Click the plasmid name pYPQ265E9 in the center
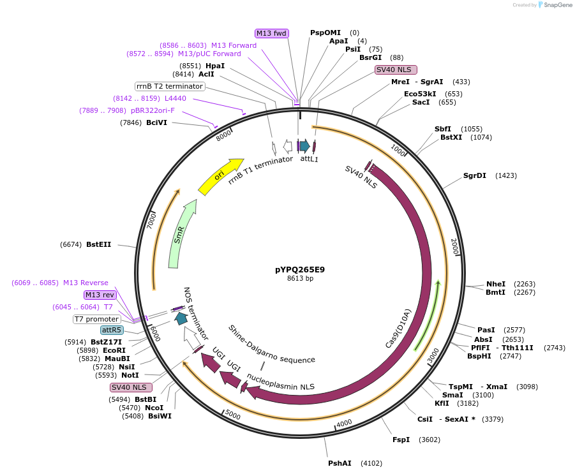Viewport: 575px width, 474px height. pos(300,269)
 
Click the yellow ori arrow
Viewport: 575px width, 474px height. pos(220,177)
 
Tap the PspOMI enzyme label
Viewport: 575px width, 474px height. pos(325,33)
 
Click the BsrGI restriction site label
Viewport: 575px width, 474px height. pos(370,57)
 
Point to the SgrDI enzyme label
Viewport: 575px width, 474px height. pos(475,175)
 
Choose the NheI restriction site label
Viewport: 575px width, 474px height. pos(496,284)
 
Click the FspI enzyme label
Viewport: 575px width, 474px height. pos(401,440)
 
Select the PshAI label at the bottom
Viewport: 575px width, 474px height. pos(340,463)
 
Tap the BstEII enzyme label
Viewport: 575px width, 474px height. pos(98,244)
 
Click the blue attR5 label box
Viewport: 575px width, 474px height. pos(112,330)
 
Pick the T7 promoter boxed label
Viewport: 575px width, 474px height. pos(97,319)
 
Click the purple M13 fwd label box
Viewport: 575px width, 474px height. pos(272,33)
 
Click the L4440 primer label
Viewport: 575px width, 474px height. pos(175,98)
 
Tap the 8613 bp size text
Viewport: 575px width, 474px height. pos(300,278)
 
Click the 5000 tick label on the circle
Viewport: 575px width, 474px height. pos(233,416)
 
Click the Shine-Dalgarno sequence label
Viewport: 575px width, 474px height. pos(271,344)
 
